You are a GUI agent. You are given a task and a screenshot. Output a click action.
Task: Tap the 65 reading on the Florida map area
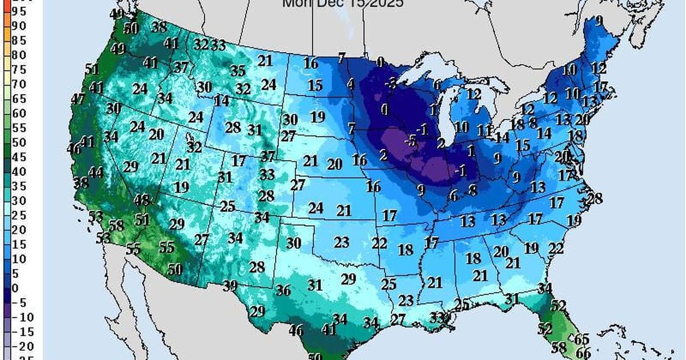[581, 338]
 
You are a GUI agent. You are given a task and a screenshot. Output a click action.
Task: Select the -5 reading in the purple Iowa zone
[409, 140]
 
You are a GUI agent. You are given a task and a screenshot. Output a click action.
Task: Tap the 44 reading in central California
[96, 172]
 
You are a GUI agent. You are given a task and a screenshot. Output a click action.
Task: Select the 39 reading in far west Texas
[230, 285]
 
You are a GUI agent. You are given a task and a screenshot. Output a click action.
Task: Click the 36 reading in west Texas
[283, 290]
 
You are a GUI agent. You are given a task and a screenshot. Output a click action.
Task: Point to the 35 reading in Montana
[238, 71]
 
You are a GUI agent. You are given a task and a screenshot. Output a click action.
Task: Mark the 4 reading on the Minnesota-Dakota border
[351, 84]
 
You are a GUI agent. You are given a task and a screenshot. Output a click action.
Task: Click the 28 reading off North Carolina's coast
[595, 199]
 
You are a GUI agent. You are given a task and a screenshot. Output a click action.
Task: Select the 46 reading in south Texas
[296, 330]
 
